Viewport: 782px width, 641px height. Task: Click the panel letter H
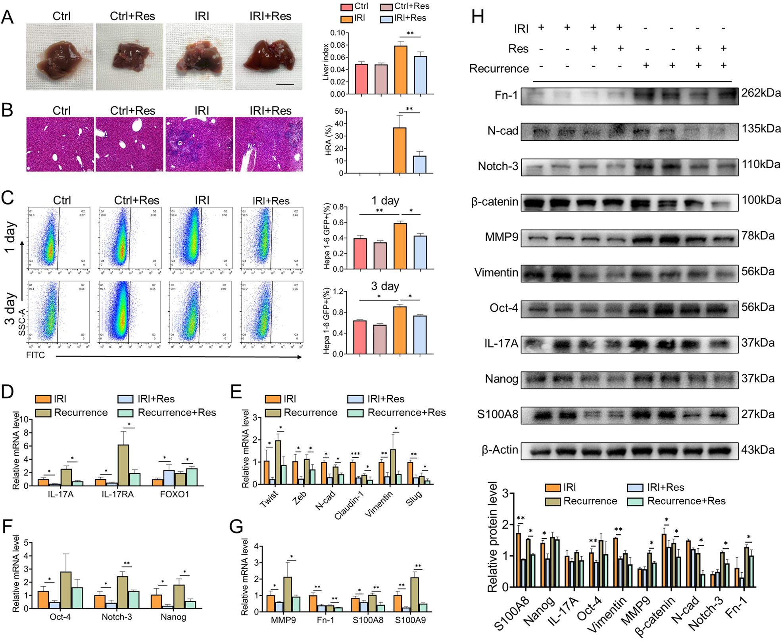[x=478, y=18]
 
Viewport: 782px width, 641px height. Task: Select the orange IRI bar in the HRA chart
[x=400, y=151]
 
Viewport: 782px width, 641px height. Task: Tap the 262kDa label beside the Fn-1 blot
[x=761, y=93]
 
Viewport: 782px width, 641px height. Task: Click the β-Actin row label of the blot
[x=500, y=450]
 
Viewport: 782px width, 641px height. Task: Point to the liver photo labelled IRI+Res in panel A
[x=269, y=56]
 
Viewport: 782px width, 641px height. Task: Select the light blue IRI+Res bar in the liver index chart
[x=420, y=75]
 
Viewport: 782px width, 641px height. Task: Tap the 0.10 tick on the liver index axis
[x=337, y=33]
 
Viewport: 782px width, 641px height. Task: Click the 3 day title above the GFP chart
[x=385, y=286]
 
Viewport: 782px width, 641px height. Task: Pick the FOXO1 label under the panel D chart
[x=175, y=494]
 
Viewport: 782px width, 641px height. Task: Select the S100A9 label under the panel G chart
[x=410, y=620]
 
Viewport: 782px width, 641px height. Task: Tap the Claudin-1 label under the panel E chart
[x=349, y=506]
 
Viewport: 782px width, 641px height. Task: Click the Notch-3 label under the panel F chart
[x=117, y=617]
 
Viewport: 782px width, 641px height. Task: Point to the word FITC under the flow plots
[x=35, y=355]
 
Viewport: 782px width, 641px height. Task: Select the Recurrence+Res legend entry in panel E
[x=406, y=413]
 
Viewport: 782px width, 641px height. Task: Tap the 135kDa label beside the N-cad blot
[x=761, y=129]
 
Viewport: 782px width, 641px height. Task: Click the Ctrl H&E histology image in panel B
[x=60, y=144]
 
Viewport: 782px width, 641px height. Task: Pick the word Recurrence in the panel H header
[x=499, y=69]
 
